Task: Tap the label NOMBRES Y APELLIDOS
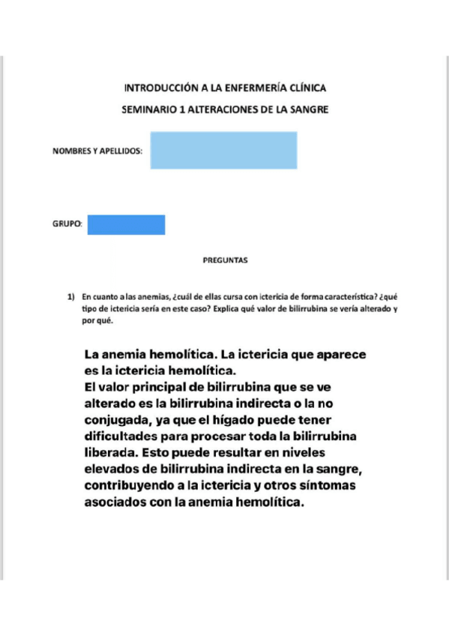click(97, 151)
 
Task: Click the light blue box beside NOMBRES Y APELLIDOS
click(223, 150)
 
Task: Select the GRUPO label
click(67, 224)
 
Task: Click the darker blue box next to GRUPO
click(126, 224)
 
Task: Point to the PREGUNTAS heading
click(225, 261)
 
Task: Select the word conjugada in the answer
click(122, 418)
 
